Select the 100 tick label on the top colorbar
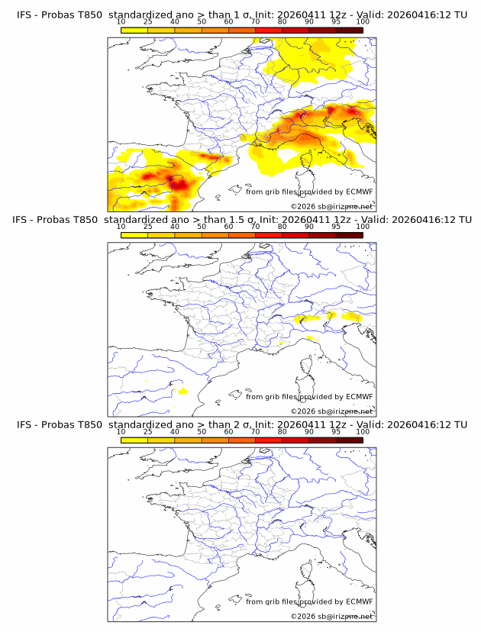(x=363, y=22)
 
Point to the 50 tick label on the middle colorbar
(x=202, y=227)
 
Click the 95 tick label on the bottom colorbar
(x=336, y=431)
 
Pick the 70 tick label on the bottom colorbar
(x=255, y=431)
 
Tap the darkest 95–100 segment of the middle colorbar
(x=349, y=234)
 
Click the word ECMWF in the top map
(x=359, y=192)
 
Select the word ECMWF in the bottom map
(x=359, y=601)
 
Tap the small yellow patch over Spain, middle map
(x=182, y=391)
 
